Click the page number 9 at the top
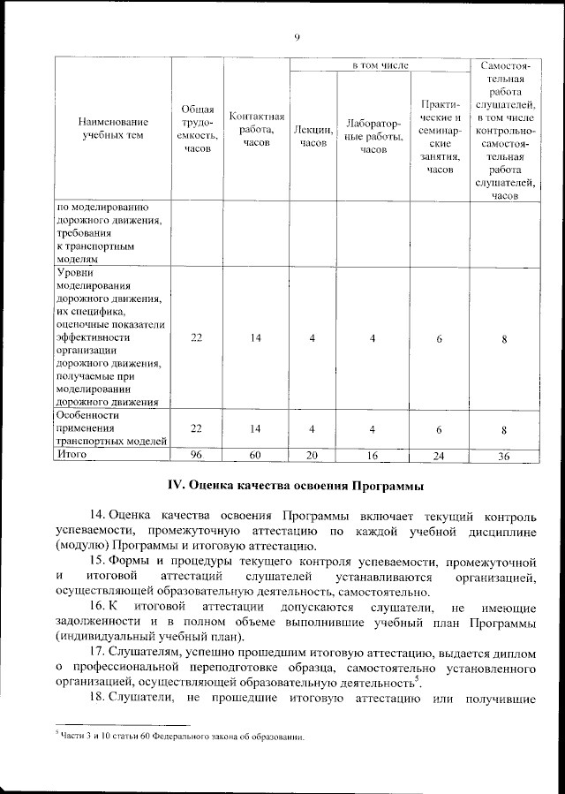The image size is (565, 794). tap(297, 36)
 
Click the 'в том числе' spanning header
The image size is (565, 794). tap(380, 65)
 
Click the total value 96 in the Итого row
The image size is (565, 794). tap(197, 456)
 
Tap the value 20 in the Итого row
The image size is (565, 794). tap(313, 456)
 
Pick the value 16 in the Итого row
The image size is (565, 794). tap(373, 456)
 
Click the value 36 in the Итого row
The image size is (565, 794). tap(503, 456)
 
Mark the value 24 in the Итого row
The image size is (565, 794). tap(439, 456)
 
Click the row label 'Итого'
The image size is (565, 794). tap(72, 454)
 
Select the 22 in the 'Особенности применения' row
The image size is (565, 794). tap(197, 428)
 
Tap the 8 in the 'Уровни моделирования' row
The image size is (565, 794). tap(503, 338)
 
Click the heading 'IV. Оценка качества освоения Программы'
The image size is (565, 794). tap(297, 486)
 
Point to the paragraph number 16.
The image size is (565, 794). tap(98, 608)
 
